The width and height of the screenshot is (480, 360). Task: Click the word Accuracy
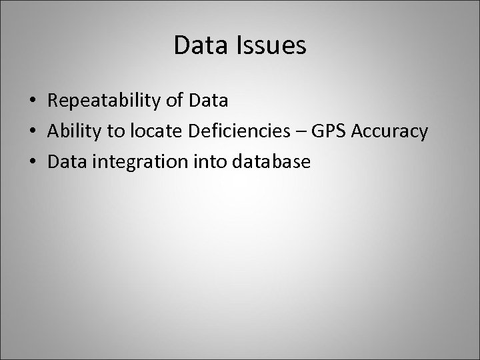tap(389, 132)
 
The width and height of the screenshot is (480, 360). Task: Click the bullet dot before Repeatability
tap(33, 101)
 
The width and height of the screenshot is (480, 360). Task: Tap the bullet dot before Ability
tap(33, 132)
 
